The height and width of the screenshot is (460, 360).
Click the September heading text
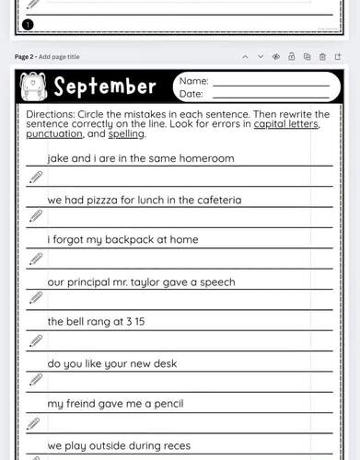(104, 86)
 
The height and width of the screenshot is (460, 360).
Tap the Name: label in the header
(193, 81)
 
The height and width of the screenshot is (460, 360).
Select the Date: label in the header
(192, 94)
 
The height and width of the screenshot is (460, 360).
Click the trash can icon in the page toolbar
(322, 57)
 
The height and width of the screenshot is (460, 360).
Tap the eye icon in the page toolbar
(275, 57)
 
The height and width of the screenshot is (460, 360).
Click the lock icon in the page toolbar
(291, 57)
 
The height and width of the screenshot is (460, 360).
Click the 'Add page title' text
(59, 57)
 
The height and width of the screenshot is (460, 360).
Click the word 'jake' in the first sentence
(58, 158)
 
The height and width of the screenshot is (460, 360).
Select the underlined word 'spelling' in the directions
(126, 133)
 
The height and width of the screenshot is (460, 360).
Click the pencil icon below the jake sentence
(36, 176)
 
